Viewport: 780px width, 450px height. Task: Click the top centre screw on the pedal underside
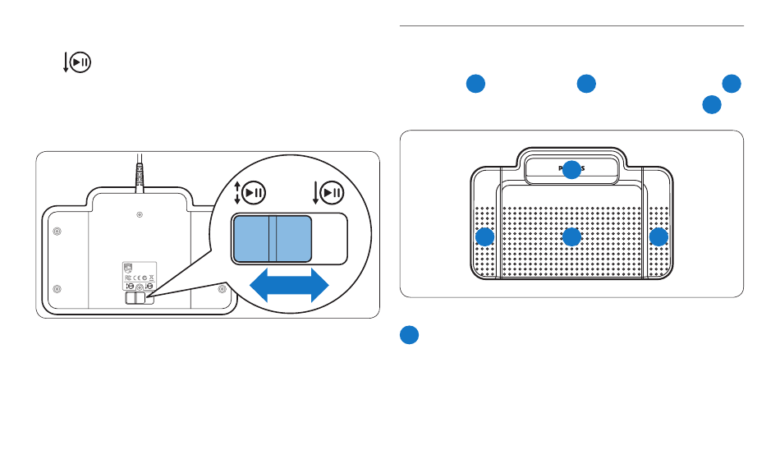(x=138, y=215)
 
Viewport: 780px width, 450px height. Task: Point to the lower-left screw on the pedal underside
(x=56, y=290)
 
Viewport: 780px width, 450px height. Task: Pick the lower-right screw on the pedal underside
(x=222, y=289)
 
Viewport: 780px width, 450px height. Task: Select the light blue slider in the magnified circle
(x=273, y=239)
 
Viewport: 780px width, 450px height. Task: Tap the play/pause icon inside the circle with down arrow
(x=333, y=194)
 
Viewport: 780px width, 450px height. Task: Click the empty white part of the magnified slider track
(x=329, y=239)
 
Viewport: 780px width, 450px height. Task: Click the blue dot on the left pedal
(x=485, y=237)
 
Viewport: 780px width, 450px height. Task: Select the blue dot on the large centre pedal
(x=571, y=237)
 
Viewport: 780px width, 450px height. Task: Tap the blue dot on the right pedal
(x=658, y=237)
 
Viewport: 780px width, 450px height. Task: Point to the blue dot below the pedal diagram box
(x=411, y=335)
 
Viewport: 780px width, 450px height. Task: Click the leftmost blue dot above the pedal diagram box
(x=475, y=84)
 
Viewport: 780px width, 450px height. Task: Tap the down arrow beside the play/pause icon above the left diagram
(x=66, y=63)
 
